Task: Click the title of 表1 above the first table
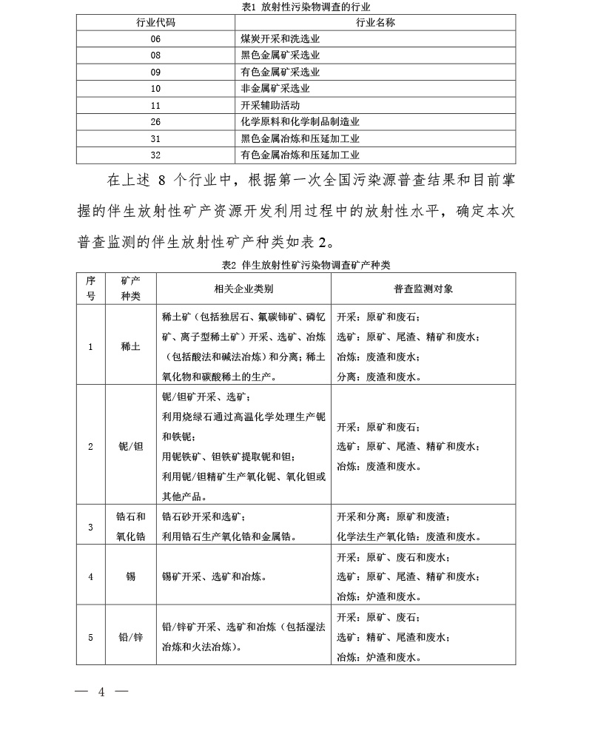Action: tap(296, 6)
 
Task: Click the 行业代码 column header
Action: tap(155, 22)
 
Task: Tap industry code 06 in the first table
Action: tap(155, 39)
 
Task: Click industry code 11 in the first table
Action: tap(155, 105)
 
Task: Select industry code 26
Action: tap(155, 121)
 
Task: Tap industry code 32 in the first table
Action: tap(155, 155)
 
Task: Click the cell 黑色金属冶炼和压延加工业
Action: tap(300, 138)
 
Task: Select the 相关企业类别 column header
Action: tap(243, 289)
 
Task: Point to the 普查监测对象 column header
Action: tap(423, 289)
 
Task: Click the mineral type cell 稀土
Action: tap(130, 346)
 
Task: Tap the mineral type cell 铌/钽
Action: tap(130, 446)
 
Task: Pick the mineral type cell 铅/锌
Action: tap(130, 636)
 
